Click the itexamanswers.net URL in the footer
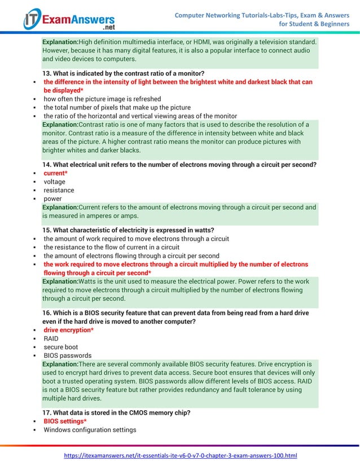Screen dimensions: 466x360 (x=180, y=455)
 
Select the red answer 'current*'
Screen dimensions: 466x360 (x=56, y=173)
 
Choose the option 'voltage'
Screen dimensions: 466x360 (x=54, y=182)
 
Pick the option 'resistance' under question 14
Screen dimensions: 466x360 (x=59, y=190)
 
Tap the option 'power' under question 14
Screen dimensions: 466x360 (x=52, y=199)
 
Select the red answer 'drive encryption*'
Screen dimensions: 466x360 (x=68, y=330)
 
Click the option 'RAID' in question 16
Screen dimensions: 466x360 (x=51, y=338)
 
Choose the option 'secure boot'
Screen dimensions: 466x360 (x=61, y=347)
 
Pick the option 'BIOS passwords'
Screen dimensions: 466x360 (x=67, y=355)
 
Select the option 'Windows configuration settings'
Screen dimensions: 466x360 (x=90, y=430)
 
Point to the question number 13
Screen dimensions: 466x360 (x=47, y=73)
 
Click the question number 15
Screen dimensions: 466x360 (x=47, y=230)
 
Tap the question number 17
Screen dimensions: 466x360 (x=47, y=412)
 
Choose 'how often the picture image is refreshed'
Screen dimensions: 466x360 (x=102, y=99)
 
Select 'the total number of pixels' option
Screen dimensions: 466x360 (x=117, y=107)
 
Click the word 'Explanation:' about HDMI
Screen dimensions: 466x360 (x=60, y=42)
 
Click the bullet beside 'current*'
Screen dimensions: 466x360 (x=35, y=174)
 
